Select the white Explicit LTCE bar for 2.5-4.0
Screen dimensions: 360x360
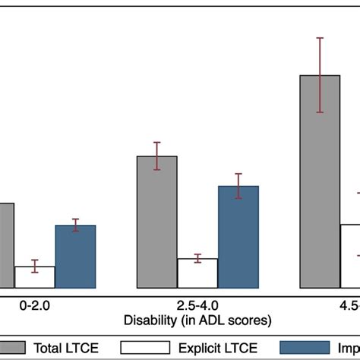point(197,273)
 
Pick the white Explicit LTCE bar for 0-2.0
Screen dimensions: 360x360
point(35,277)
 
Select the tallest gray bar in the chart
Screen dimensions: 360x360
point(320,182)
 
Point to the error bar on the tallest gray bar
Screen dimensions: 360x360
point(320,75)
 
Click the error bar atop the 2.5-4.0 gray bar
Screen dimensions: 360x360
point(156,156)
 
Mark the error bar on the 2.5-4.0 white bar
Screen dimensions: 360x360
point(197,258)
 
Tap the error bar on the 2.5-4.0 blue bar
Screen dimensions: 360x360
point(238,186)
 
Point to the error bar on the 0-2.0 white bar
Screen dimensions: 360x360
point(35,266)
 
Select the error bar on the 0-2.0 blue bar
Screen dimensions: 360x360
point(75,226)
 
